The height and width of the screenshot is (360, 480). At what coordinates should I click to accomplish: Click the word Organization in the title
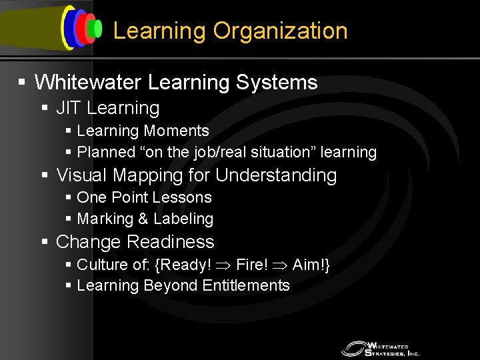click(x=280, y=31)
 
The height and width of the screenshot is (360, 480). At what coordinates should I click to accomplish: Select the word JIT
click(x=68, y=108)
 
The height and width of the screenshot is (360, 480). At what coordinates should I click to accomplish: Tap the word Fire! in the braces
click(x=252, y=265)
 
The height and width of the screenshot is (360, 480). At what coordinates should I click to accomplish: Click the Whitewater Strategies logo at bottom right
click(x=381, y=349)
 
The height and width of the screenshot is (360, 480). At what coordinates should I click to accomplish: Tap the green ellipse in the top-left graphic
click(x=97, y=28)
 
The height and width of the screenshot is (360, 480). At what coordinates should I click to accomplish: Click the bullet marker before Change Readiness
click(x=45, y=242)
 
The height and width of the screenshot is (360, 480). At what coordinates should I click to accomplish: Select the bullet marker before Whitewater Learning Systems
click(x=22, y=83)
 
